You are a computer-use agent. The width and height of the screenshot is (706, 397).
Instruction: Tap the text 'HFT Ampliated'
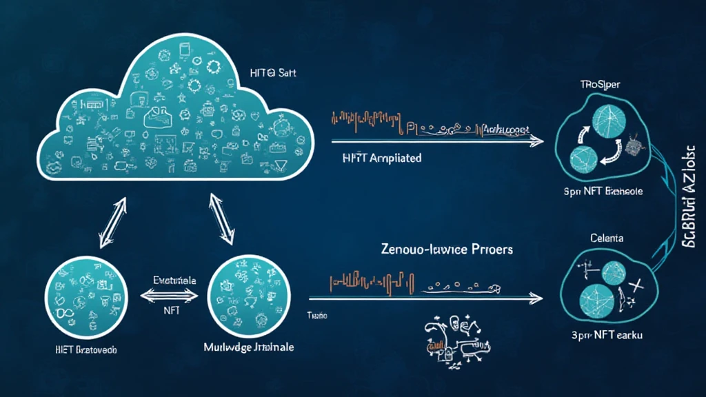coord(381,158)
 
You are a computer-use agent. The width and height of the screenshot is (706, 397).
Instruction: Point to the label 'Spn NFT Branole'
coord(603,191)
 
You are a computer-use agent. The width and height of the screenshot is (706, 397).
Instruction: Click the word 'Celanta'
coord(607,238)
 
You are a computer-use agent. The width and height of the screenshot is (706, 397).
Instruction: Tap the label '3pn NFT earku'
coord(607,335)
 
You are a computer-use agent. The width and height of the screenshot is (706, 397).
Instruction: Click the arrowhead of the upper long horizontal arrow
coord(536,141)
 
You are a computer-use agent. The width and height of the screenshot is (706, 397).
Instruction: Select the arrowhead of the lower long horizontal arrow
coord(536,299)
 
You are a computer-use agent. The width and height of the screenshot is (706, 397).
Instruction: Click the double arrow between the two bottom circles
coord(168,296)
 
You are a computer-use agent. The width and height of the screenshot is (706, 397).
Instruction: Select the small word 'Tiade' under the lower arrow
coord(317,315)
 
